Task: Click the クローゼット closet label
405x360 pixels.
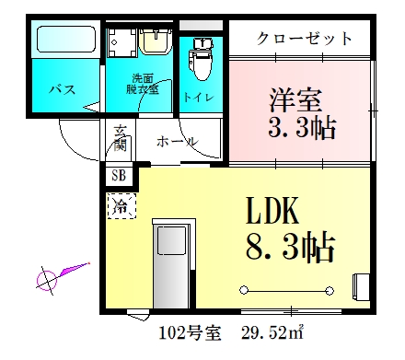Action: [304, 39]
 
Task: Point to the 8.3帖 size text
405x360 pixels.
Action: [289, 246]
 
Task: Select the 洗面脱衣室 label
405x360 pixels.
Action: [142, 84]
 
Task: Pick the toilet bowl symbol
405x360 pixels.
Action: [200, 61]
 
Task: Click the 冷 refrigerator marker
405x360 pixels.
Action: [120, 204]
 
